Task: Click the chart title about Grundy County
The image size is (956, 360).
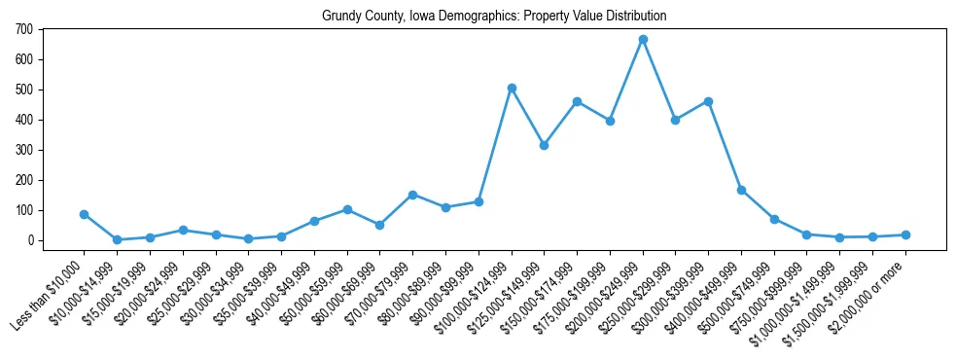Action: (x=494, y=17)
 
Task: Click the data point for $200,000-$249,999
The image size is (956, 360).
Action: (x=643, y=40)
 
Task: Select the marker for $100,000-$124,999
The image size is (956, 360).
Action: (x=512, y=89)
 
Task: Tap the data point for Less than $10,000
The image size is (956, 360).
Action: (x=85, y=214)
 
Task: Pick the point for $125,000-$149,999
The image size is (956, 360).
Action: (x=545, y=145)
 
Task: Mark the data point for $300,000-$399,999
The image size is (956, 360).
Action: (x=708, y=101)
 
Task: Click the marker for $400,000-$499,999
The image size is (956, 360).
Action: (x=741, y=190)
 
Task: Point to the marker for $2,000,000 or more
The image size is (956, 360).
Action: (x=905, y=234)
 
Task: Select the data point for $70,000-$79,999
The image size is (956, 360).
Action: (x=412, y=195)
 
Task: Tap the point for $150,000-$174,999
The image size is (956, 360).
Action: (x=577, y=101)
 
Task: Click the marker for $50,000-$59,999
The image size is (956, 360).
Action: (x=347, y=209)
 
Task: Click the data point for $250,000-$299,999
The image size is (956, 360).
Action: (x=676, y=120)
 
